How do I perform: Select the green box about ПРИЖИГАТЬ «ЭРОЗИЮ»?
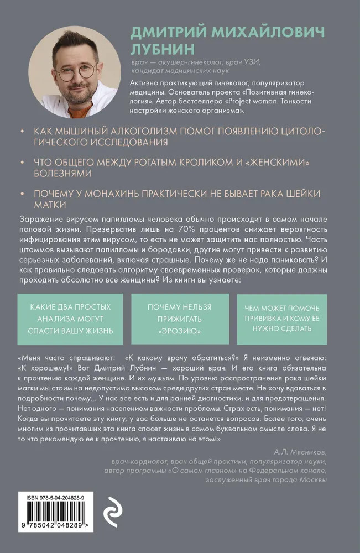[180, 320]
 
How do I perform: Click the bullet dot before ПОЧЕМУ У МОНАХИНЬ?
[21, 194]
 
